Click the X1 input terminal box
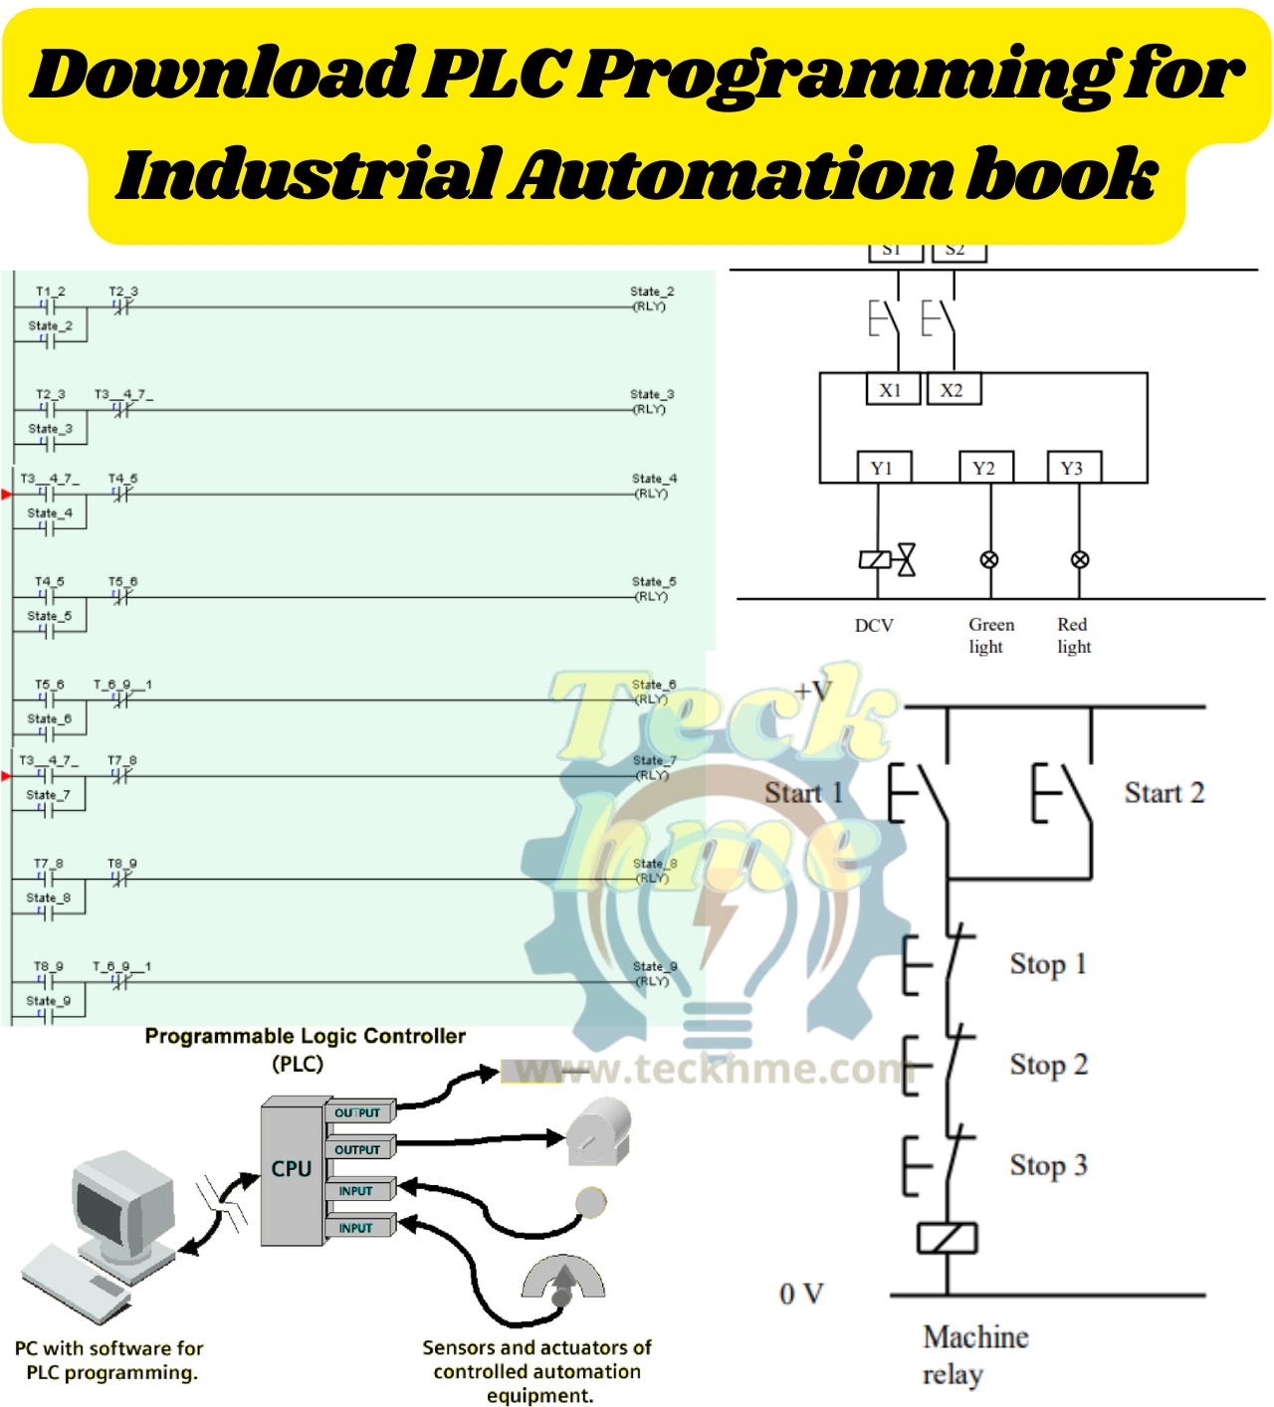tap(891, 390)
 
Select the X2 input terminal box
tap(954, 390)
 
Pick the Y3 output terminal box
tap(1073, 468)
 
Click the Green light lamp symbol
tap(989, 560)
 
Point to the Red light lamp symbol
tap(1080, 560)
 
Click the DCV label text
tap(874, 626)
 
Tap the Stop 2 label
tap(1048, 1065)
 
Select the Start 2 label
tap(1164, 793)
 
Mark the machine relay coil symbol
tap(947, 1239)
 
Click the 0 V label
tap(801, 1294)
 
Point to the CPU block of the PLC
tap(292, 1170)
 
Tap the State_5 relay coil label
tap(653, 582)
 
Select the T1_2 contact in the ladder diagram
tap(49, 305)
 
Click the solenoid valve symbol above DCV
tap(888, 560)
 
